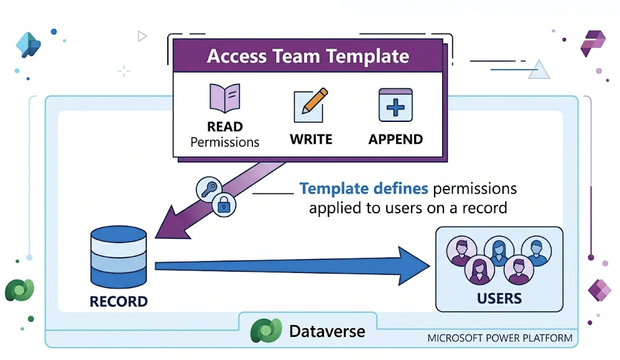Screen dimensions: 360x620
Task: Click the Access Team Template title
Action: [x=308, y=56]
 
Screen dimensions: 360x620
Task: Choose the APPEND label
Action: [x=396, y=139]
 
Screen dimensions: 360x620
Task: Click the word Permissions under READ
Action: [x=224, y=142]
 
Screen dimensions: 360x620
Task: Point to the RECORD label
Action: [x=118, y=303]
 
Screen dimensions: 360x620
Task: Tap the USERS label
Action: [x=499, y=298]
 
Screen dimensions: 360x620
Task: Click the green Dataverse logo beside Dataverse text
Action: [x=262, y=331]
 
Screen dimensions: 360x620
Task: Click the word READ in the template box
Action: [x=224, y=127]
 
